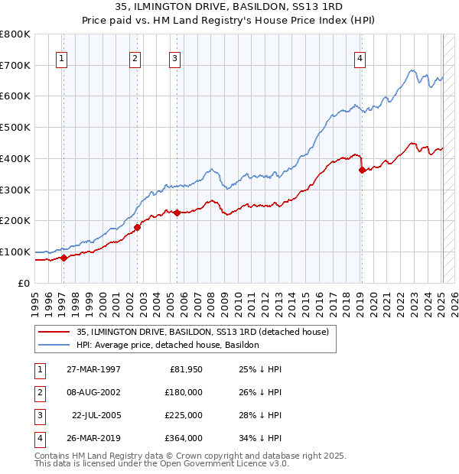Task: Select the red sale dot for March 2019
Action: coord(361,170)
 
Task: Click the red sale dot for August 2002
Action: coord(138,227)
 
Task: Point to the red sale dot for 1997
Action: coord(64,258)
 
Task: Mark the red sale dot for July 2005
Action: coord(177,213)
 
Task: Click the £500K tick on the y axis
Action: coord(15,128)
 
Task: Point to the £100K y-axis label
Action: coord(15,252)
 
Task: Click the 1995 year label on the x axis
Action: coord(35,299)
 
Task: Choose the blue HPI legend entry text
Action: coord(168,345)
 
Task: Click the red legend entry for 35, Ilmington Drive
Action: coord(202,332)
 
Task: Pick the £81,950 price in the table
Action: coord(184,369)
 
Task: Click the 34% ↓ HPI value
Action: coord(260,438)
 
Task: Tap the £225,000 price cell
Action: coord(184,415)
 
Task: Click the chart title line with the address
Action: coord(229,7)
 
